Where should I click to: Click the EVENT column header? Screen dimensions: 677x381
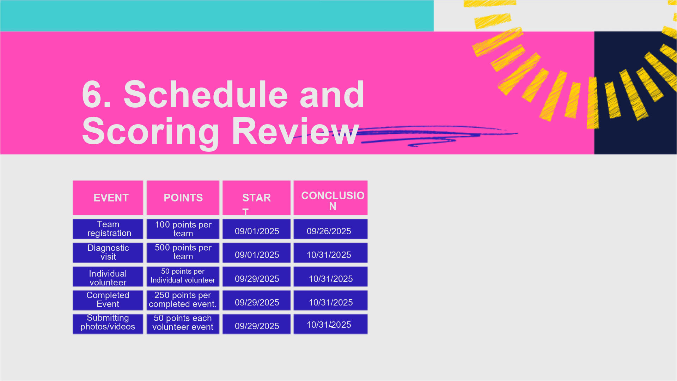coord(108,198)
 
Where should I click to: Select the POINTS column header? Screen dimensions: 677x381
coord(183,198)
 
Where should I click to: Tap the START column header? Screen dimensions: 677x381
coord(256,198)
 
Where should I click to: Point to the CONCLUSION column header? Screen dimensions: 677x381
coord(330,198)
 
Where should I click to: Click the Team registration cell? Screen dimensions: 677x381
coord(108,229)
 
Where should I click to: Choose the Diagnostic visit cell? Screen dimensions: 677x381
coord(108,253)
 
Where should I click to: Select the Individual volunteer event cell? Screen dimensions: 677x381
coord(108,277)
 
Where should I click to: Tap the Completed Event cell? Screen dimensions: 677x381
coord(108,300)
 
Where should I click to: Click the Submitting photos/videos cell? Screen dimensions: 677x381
coord(108,324)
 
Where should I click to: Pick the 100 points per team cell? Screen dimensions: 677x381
coord(183,229)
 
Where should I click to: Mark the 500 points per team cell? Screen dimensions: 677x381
coord(183,253)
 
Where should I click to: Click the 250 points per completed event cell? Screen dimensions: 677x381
coord(183,300)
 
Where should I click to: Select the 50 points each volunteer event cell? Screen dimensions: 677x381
coord(183,324)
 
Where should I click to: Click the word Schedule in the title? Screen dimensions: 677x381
coord(206,94)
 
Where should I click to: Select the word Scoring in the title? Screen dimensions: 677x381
coord(151,132)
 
